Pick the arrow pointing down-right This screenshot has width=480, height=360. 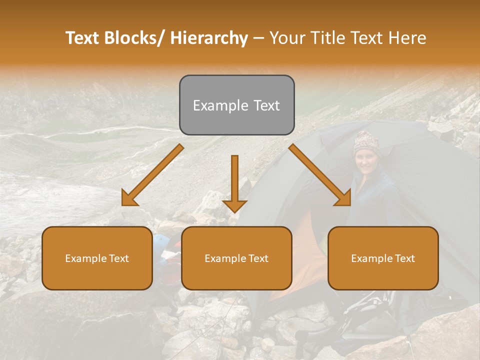point(320,175)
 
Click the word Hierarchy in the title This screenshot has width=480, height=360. point(209,38)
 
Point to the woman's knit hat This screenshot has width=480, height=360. point(366,142)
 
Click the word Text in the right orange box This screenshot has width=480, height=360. point(404,258)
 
